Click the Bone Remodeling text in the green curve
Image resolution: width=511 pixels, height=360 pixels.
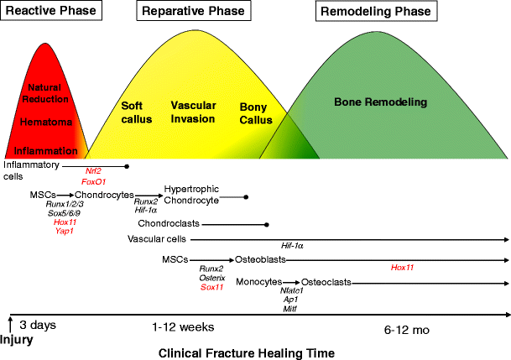380,102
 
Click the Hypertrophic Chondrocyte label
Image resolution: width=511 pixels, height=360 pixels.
191,195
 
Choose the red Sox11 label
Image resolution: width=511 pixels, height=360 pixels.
211,287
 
